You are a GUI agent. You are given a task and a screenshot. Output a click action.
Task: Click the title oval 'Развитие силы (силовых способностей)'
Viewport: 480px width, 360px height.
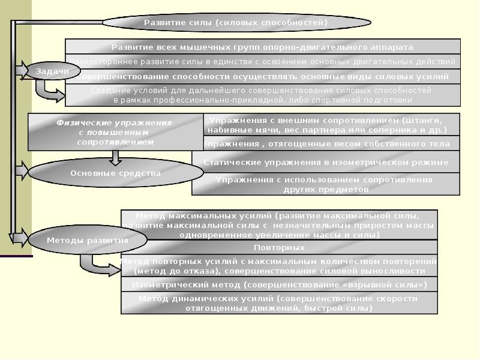click(x=236, y=23)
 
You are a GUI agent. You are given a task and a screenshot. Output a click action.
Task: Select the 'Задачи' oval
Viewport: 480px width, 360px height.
click(x=52, y=71)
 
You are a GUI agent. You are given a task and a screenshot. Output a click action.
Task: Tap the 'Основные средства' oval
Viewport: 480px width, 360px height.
click(x=116, y=173)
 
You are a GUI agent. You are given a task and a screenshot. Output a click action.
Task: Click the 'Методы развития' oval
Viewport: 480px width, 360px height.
click(x=87, y=241)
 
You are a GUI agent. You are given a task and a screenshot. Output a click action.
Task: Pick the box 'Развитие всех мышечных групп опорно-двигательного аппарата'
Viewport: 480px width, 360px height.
click(x=262, y=47)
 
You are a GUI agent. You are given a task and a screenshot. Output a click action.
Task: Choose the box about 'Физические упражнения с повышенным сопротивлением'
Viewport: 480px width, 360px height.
click(x=116, y=132)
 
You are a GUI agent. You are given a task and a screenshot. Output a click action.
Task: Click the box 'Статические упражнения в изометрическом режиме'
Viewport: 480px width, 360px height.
click(x=326, y=162)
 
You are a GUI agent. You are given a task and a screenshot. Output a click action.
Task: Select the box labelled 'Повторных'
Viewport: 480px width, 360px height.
click(x=280, y=247)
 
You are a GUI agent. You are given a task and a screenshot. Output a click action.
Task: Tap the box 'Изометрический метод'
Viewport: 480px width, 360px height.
click(x=280, y=284)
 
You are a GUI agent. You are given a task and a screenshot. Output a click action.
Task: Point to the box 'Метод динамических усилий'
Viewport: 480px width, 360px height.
click(x=280, y=303)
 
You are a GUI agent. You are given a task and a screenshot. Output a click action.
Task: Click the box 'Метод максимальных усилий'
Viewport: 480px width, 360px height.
click(x=280, y=225)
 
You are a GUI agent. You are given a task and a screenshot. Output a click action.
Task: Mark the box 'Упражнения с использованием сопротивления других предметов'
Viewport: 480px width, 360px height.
click(x=326, y=184)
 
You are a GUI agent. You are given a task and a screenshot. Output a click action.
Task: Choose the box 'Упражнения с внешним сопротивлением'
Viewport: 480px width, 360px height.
click(x=331, y=125)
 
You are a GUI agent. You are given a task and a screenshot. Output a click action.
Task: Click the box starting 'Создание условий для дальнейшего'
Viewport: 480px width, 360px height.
click(x=262, y=95)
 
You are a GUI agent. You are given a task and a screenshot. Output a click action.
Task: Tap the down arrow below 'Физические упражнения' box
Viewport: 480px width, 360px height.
click(x=116, y=157)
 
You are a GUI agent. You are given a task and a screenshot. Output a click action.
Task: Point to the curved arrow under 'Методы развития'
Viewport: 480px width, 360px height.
click(x=96, y=263)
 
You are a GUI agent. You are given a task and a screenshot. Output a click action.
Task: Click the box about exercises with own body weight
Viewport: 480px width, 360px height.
click(x=331, y=143)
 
